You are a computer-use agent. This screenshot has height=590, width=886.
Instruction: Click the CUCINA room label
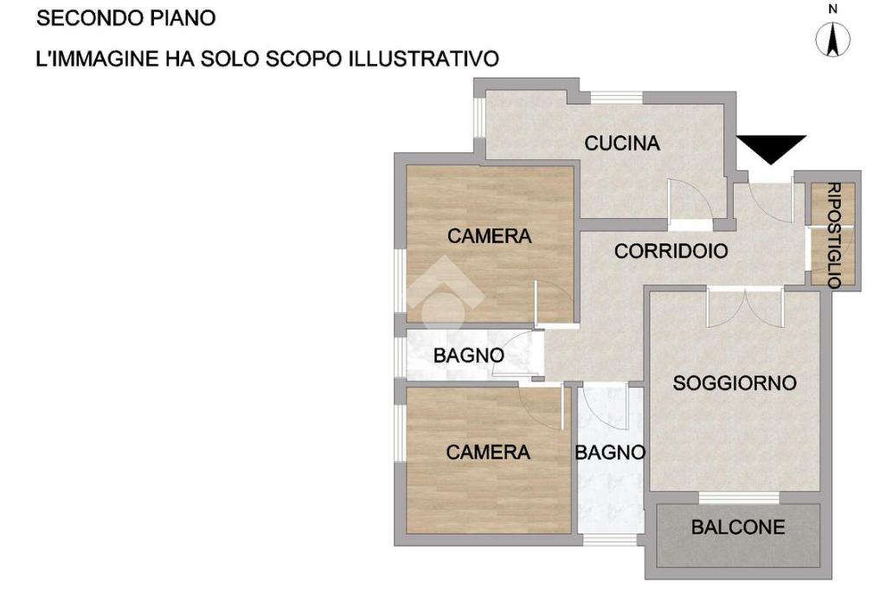pos(622,143)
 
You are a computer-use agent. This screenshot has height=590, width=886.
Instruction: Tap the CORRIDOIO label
pos(671,251)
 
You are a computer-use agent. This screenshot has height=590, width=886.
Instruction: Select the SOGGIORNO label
pos(735,383)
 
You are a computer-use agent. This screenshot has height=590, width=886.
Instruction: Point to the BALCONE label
pos(738,527)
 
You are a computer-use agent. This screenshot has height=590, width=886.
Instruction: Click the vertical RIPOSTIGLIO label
pos(834,235)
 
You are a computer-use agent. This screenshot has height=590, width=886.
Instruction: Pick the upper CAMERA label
pos(490,235)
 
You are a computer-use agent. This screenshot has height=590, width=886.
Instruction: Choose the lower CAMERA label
pos(488,452)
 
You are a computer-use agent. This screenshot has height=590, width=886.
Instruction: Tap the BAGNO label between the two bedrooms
pos(468,356)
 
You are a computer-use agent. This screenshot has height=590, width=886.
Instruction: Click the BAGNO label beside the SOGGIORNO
pos(610,452)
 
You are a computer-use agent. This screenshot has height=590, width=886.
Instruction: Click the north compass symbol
pos(833,40)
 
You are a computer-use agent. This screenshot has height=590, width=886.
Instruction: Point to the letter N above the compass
pos(833,9)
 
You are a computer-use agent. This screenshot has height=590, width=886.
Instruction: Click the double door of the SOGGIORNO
pos(745,307)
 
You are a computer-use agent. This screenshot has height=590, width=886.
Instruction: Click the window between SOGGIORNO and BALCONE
pos(739,497)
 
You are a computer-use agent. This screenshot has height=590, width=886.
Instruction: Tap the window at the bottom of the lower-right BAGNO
pos(610,539)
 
